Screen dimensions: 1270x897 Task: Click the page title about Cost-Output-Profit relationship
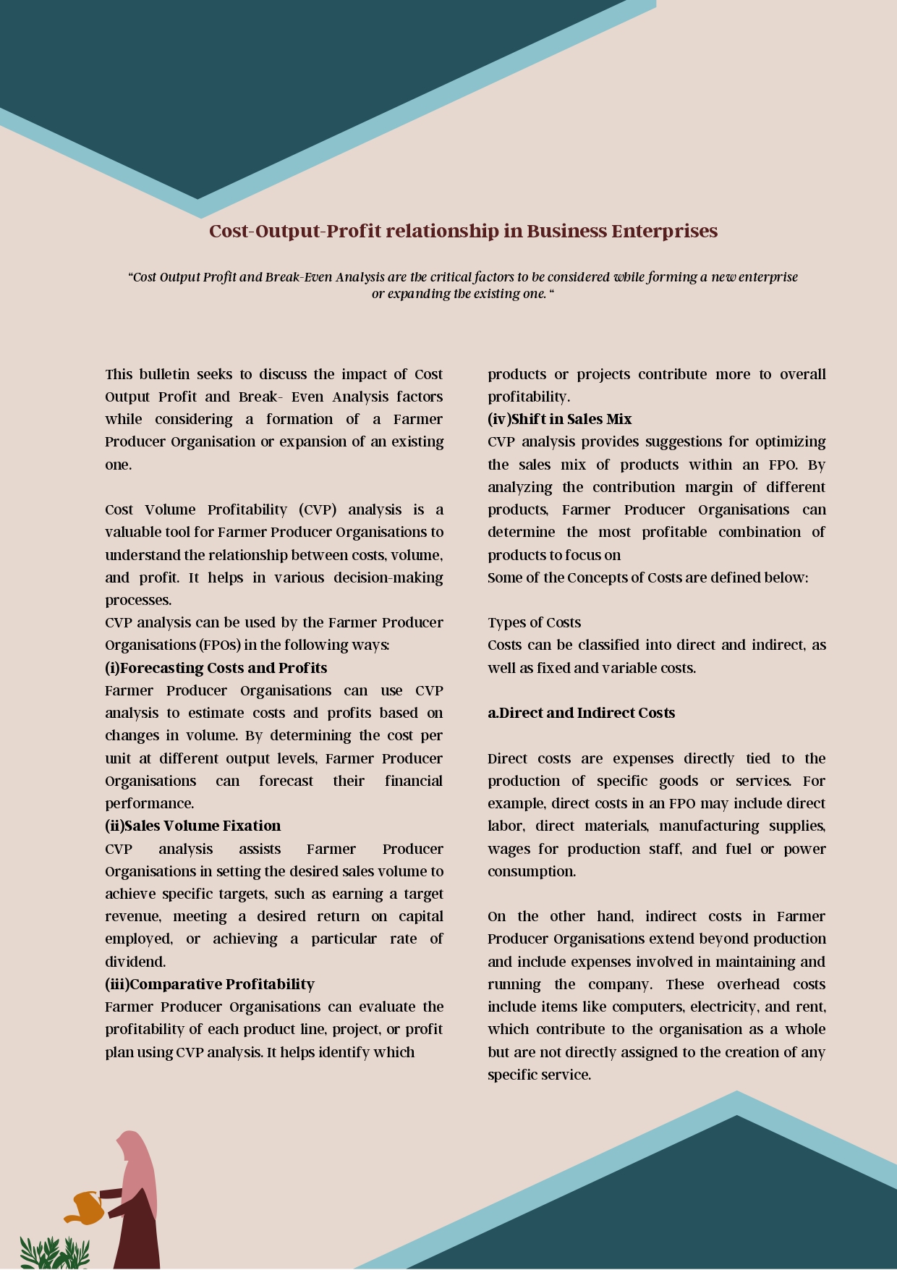pyautogui.click(x=463, y=231)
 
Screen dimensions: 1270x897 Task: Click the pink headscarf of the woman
pyautogui.click(x=137, y=1165)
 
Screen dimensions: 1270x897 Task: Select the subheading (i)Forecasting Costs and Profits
pyautogui.click(x=216, y=668)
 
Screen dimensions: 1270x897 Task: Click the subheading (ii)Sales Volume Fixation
pyautogui.click(x=192, y=826)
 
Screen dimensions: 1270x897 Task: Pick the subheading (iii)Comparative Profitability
pyautogui.click(x=210, y=984)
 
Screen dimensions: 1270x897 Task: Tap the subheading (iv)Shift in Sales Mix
pyautogui.click(x=559, y=419)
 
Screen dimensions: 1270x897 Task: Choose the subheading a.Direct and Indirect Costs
pyautogui.click(x=581, y=713)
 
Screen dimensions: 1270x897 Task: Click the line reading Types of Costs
pyautogui.click(x=534, y=622)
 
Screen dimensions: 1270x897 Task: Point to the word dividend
pyautogui.click(x=135, y=962)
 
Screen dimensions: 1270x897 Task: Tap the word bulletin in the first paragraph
pyautogui.click(x=164, y=374)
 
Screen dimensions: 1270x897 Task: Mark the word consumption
pyautogui.click(x=531, y=871)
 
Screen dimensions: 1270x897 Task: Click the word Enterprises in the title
pyautogui.click(x=664, y=231)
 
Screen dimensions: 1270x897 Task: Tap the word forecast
pyautogui.click(x=286, y=781)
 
